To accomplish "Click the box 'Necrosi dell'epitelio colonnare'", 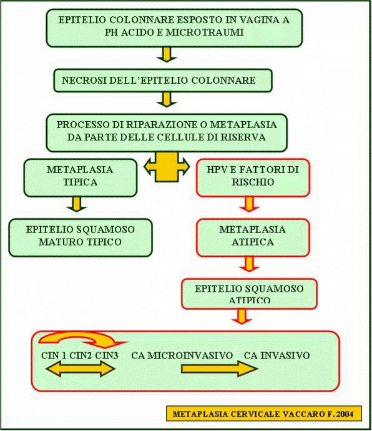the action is tap(163, 80).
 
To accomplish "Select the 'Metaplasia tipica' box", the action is tap(81, 177).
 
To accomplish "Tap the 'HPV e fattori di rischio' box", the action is tap(253, 177).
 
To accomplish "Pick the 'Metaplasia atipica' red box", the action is tap(253, 237).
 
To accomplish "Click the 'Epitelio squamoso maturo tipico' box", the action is tap(81, 237).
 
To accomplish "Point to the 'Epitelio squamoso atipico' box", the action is tap(249, 294).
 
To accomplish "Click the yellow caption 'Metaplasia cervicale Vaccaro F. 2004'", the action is tap(264, 414).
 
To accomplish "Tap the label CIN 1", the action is tap(54, 355).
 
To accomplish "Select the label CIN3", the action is tap(107, 355).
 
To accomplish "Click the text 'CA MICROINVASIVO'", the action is tap(182, 355).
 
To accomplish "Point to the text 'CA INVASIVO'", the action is tap(277, 355).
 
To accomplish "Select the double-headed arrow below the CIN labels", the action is tap(81, 369).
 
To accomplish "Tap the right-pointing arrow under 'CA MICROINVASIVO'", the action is tap(220, 369).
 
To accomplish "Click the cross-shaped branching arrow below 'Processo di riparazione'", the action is tap(167, 167).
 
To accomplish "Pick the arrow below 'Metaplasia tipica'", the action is tap(77, 204).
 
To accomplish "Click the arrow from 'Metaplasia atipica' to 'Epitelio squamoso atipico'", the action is tap(249, 264).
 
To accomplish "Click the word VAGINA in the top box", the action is tap(259, 20).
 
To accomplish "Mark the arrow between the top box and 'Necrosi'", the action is tap(167, 54).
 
